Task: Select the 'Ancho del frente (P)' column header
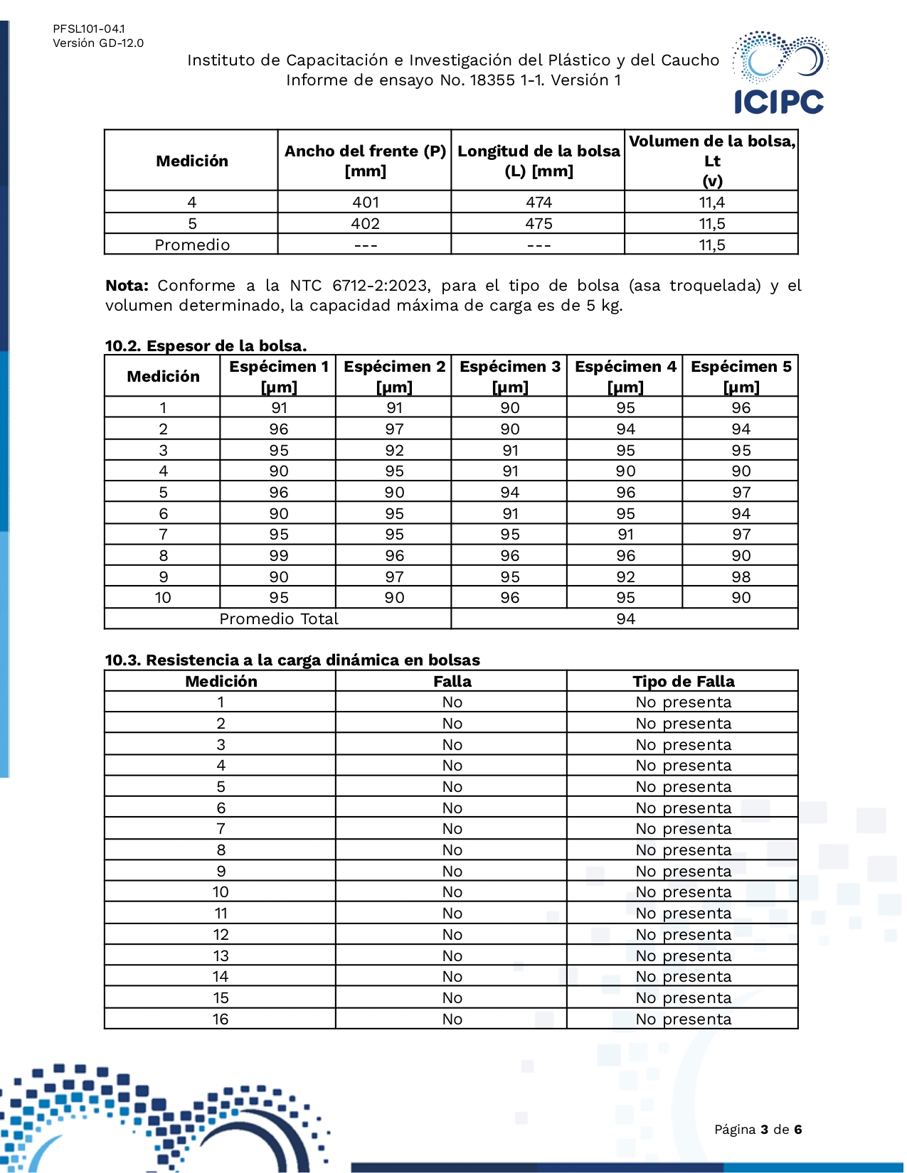(365, 161)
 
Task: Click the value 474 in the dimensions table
(539, 203)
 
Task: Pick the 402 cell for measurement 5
(365, 224)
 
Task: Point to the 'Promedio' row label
(192, 245)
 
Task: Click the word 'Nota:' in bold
(127, 286)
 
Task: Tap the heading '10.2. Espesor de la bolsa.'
(206, 346)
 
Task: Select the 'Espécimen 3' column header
(509, 376)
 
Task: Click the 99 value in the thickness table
(279, 556)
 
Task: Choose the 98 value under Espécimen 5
(741, 577)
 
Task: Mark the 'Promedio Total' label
(279, 619)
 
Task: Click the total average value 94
(625, 619)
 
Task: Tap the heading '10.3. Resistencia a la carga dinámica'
(292, 660)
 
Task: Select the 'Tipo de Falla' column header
(683, 682)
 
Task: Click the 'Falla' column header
(452, 682)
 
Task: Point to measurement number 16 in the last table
(221, 1019)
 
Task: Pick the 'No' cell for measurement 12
(452, 935)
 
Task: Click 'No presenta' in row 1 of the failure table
(683, 702)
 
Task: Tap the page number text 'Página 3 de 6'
(758, 1130)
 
